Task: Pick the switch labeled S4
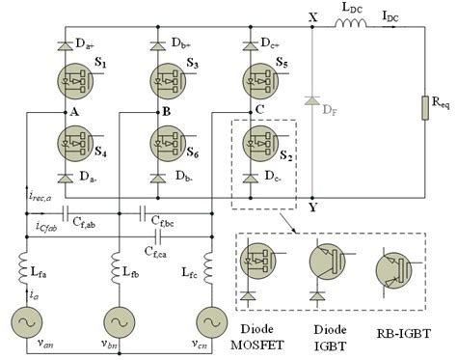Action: (72, 147)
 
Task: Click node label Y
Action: (310, 205)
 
